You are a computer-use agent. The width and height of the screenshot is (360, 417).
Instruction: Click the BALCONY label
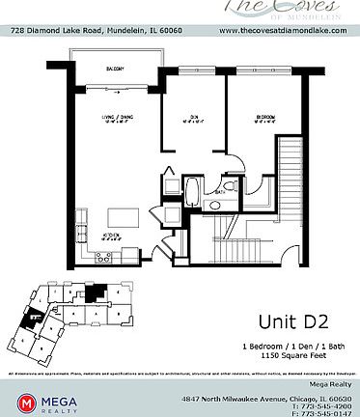tap(115, 69)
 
